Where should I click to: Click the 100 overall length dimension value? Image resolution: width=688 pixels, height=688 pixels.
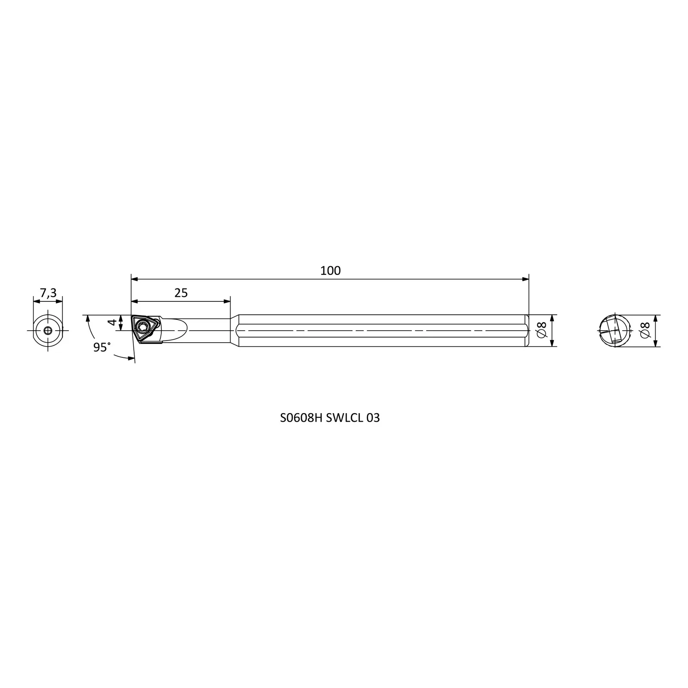pos(330,270)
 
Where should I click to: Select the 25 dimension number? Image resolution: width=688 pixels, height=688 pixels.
pos(181,293)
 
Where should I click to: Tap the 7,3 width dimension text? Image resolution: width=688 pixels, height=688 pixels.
pos(48,293)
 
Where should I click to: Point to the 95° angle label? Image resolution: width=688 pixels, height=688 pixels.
pos(102,347)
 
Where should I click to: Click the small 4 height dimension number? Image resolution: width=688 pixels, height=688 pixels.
pos(112,322)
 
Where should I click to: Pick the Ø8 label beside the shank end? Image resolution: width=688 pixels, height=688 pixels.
pos(541,330)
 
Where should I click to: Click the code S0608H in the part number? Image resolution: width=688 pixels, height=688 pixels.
pos(301,418)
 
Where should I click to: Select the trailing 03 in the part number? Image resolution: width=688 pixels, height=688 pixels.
pos(373,418)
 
